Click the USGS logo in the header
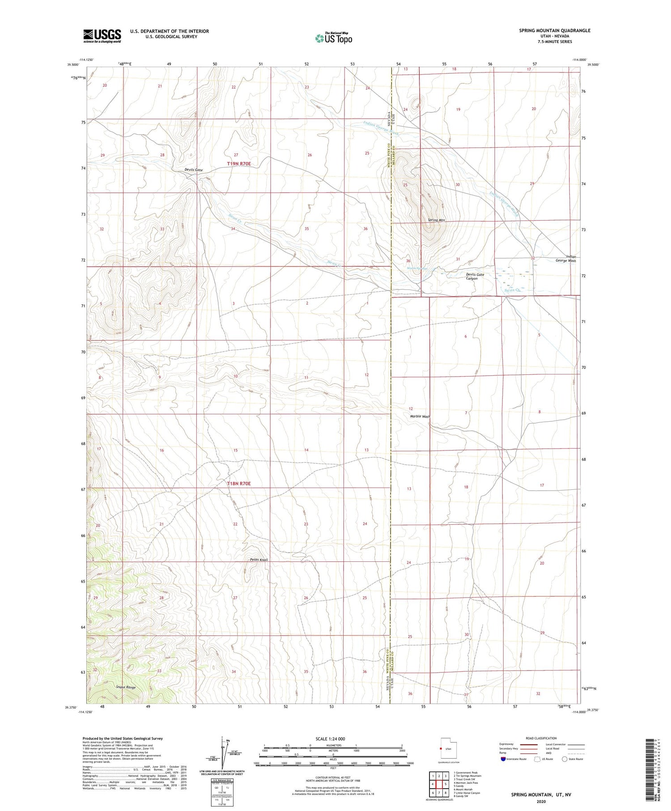[x=102, y=36]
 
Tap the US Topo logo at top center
[x=333, y=38]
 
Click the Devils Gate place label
[x=194, y=170]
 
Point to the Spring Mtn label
[x=436, y=220]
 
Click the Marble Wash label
[x=420, y=416]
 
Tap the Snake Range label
[x=126, y=687]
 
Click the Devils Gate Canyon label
[x=475, y=276]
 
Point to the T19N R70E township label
[x=239, y=164]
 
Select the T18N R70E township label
[x=239, y=484]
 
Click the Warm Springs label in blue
[x=417, y=269]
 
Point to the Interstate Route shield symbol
[x=504, y=759]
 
